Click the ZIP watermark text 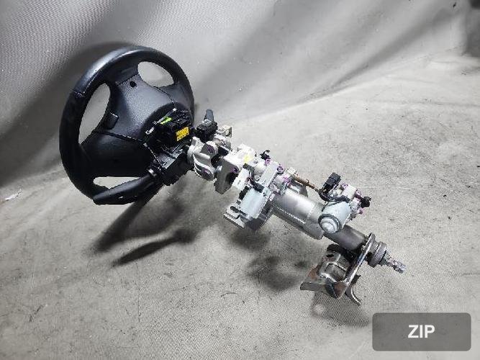click(421, 331)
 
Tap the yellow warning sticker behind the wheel click(183, 134)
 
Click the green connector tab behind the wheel click(166, 120)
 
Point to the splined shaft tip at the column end click(397, 264)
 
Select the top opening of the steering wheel click(155, 74)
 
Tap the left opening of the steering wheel click(94, 113)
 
